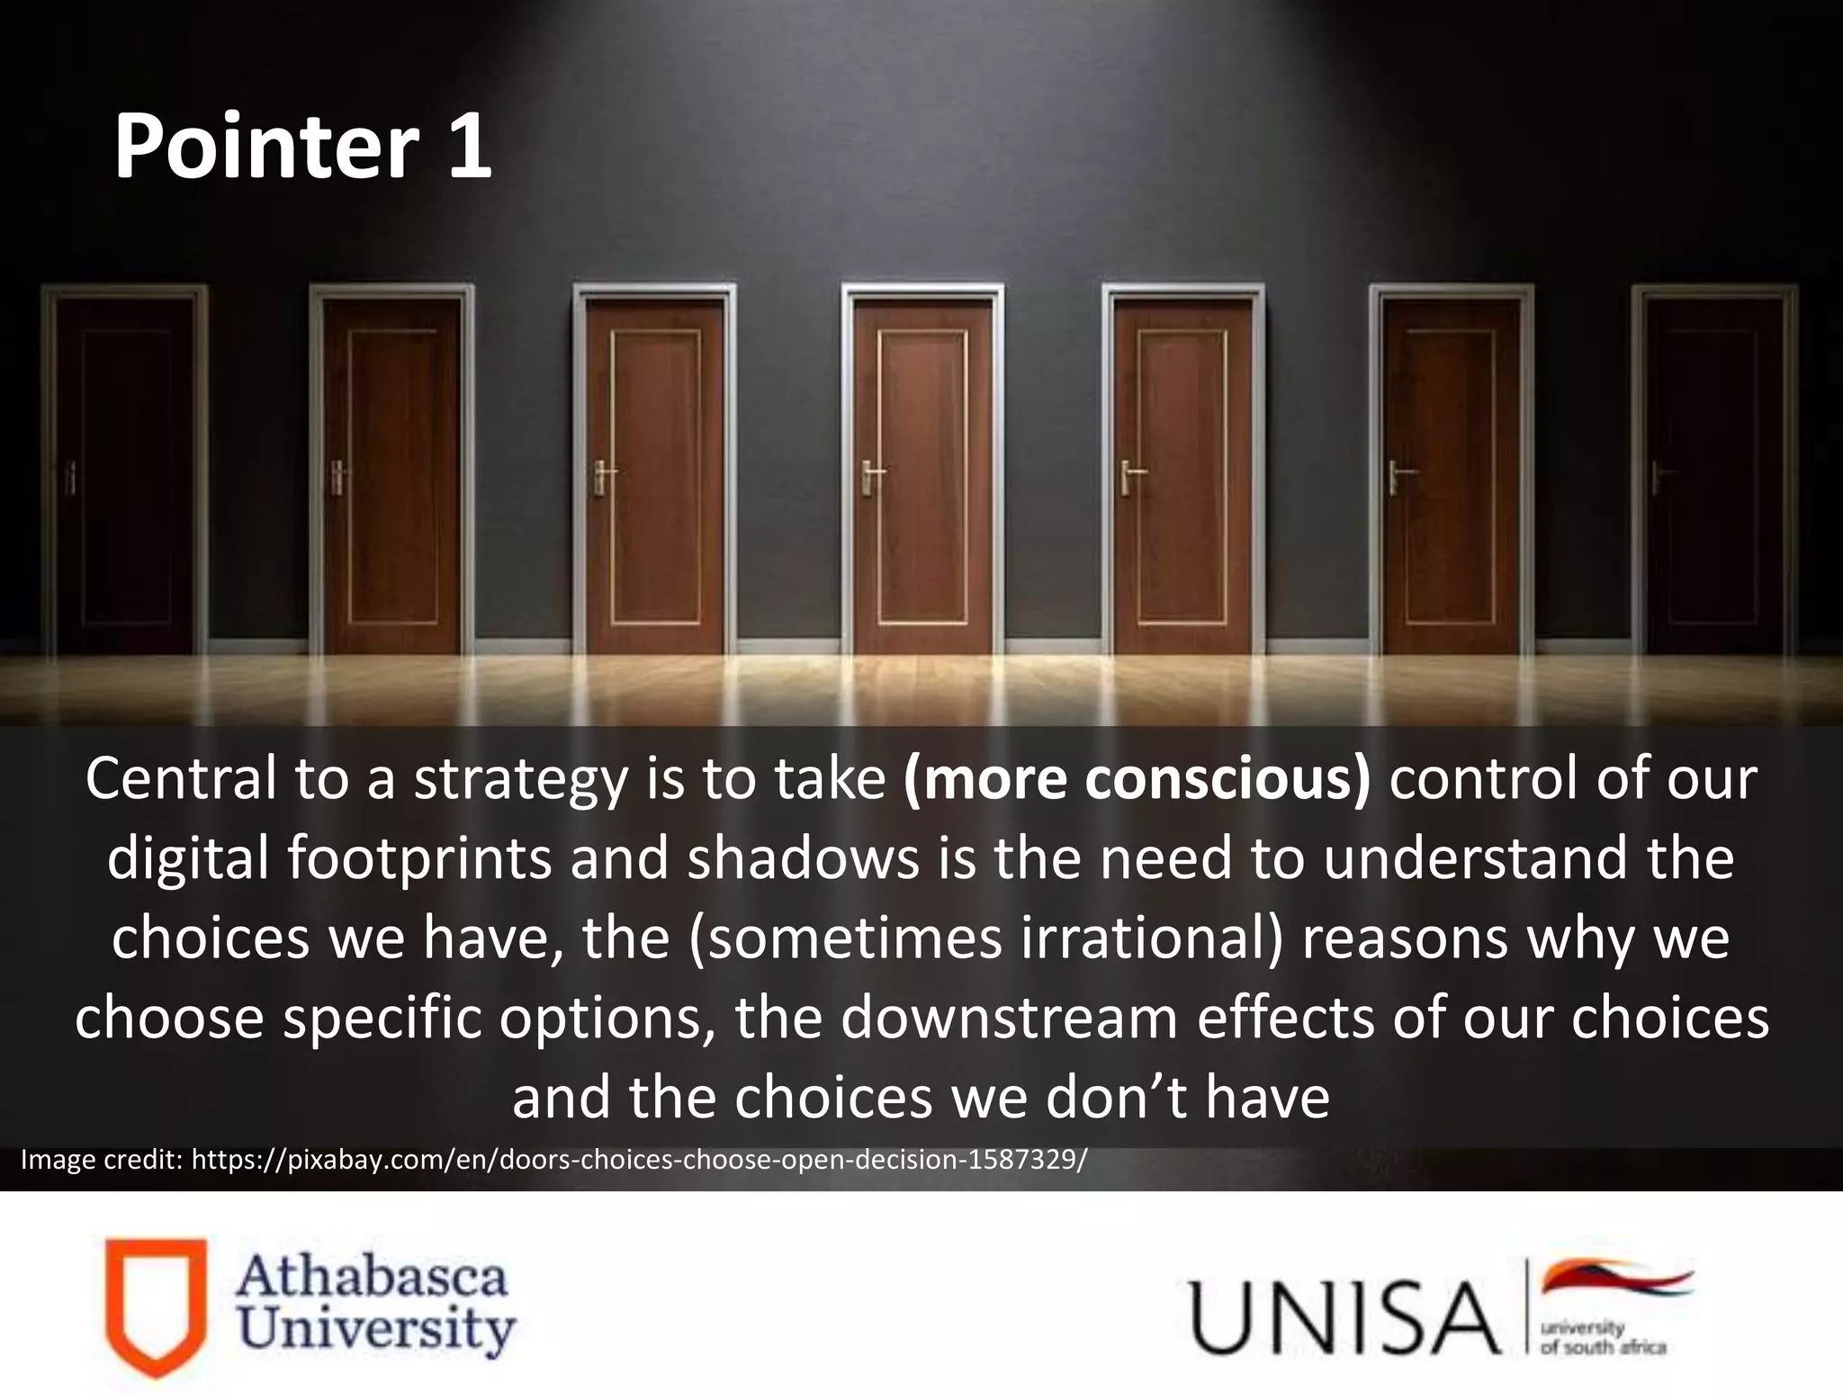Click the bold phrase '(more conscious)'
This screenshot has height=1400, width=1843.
tap(1137, 779)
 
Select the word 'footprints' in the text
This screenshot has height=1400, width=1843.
tap(419, 858)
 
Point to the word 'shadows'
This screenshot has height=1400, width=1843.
tap(804, 858)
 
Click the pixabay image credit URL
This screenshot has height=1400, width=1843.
tap(639, 1160)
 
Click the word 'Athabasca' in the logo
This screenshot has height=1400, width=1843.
tap(372, 1278)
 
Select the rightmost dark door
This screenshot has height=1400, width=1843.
tap(1714, 472)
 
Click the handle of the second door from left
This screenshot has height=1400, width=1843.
tap(337, 476)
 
